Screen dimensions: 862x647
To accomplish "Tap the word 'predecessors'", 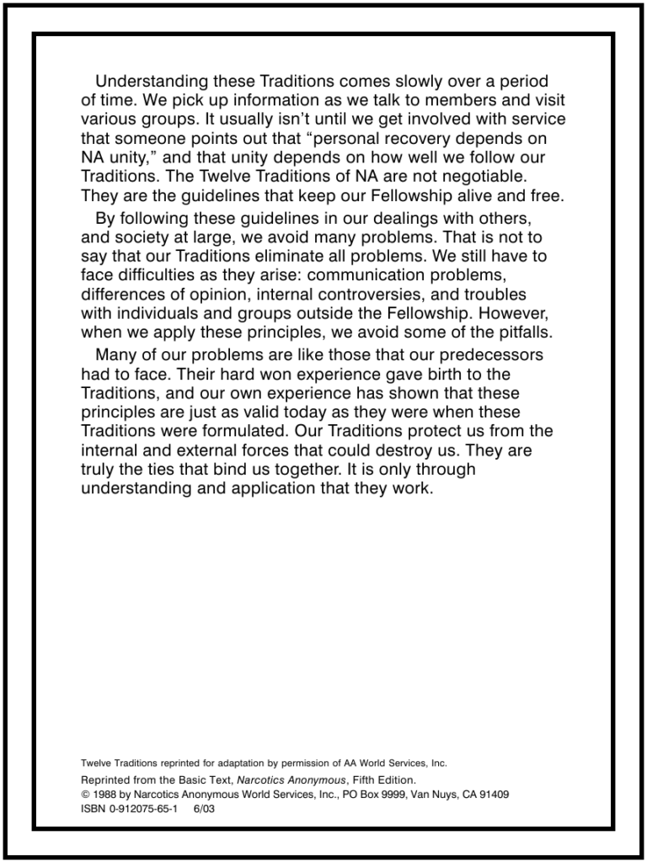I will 482,354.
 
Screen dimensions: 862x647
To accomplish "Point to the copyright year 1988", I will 104,794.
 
